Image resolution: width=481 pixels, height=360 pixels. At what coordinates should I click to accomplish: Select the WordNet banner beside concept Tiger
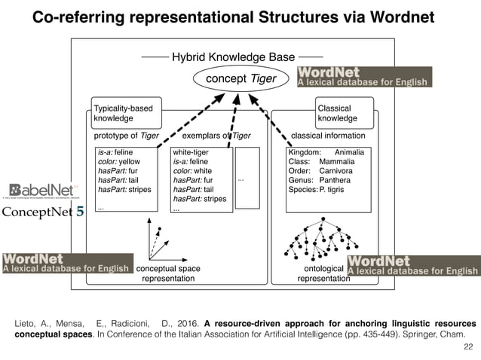[366, 77]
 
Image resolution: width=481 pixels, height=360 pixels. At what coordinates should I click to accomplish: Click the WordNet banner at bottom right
[413, 266]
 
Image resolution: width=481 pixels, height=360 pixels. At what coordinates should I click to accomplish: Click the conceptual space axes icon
[160, 239]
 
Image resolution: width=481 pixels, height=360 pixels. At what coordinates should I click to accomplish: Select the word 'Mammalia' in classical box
[336, 162]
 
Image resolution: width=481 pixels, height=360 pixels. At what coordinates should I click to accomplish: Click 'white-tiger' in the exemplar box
[191, 152]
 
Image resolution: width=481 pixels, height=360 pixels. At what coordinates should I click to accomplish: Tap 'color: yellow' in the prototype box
[119, 162]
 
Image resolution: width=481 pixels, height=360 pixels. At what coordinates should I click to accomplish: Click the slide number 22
[469, 345]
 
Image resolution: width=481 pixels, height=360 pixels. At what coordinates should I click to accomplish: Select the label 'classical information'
[328, 136]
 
